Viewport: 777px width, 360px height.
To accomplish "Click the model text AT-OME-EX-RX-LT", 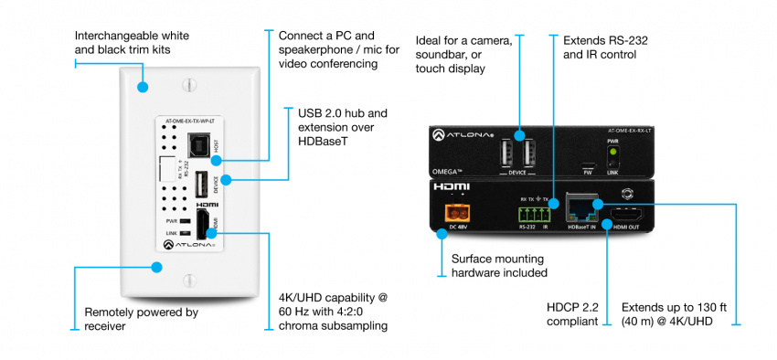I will [626, 131].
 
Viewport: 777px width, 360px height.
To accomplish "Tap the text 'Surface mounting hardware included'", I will [499, 265].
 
